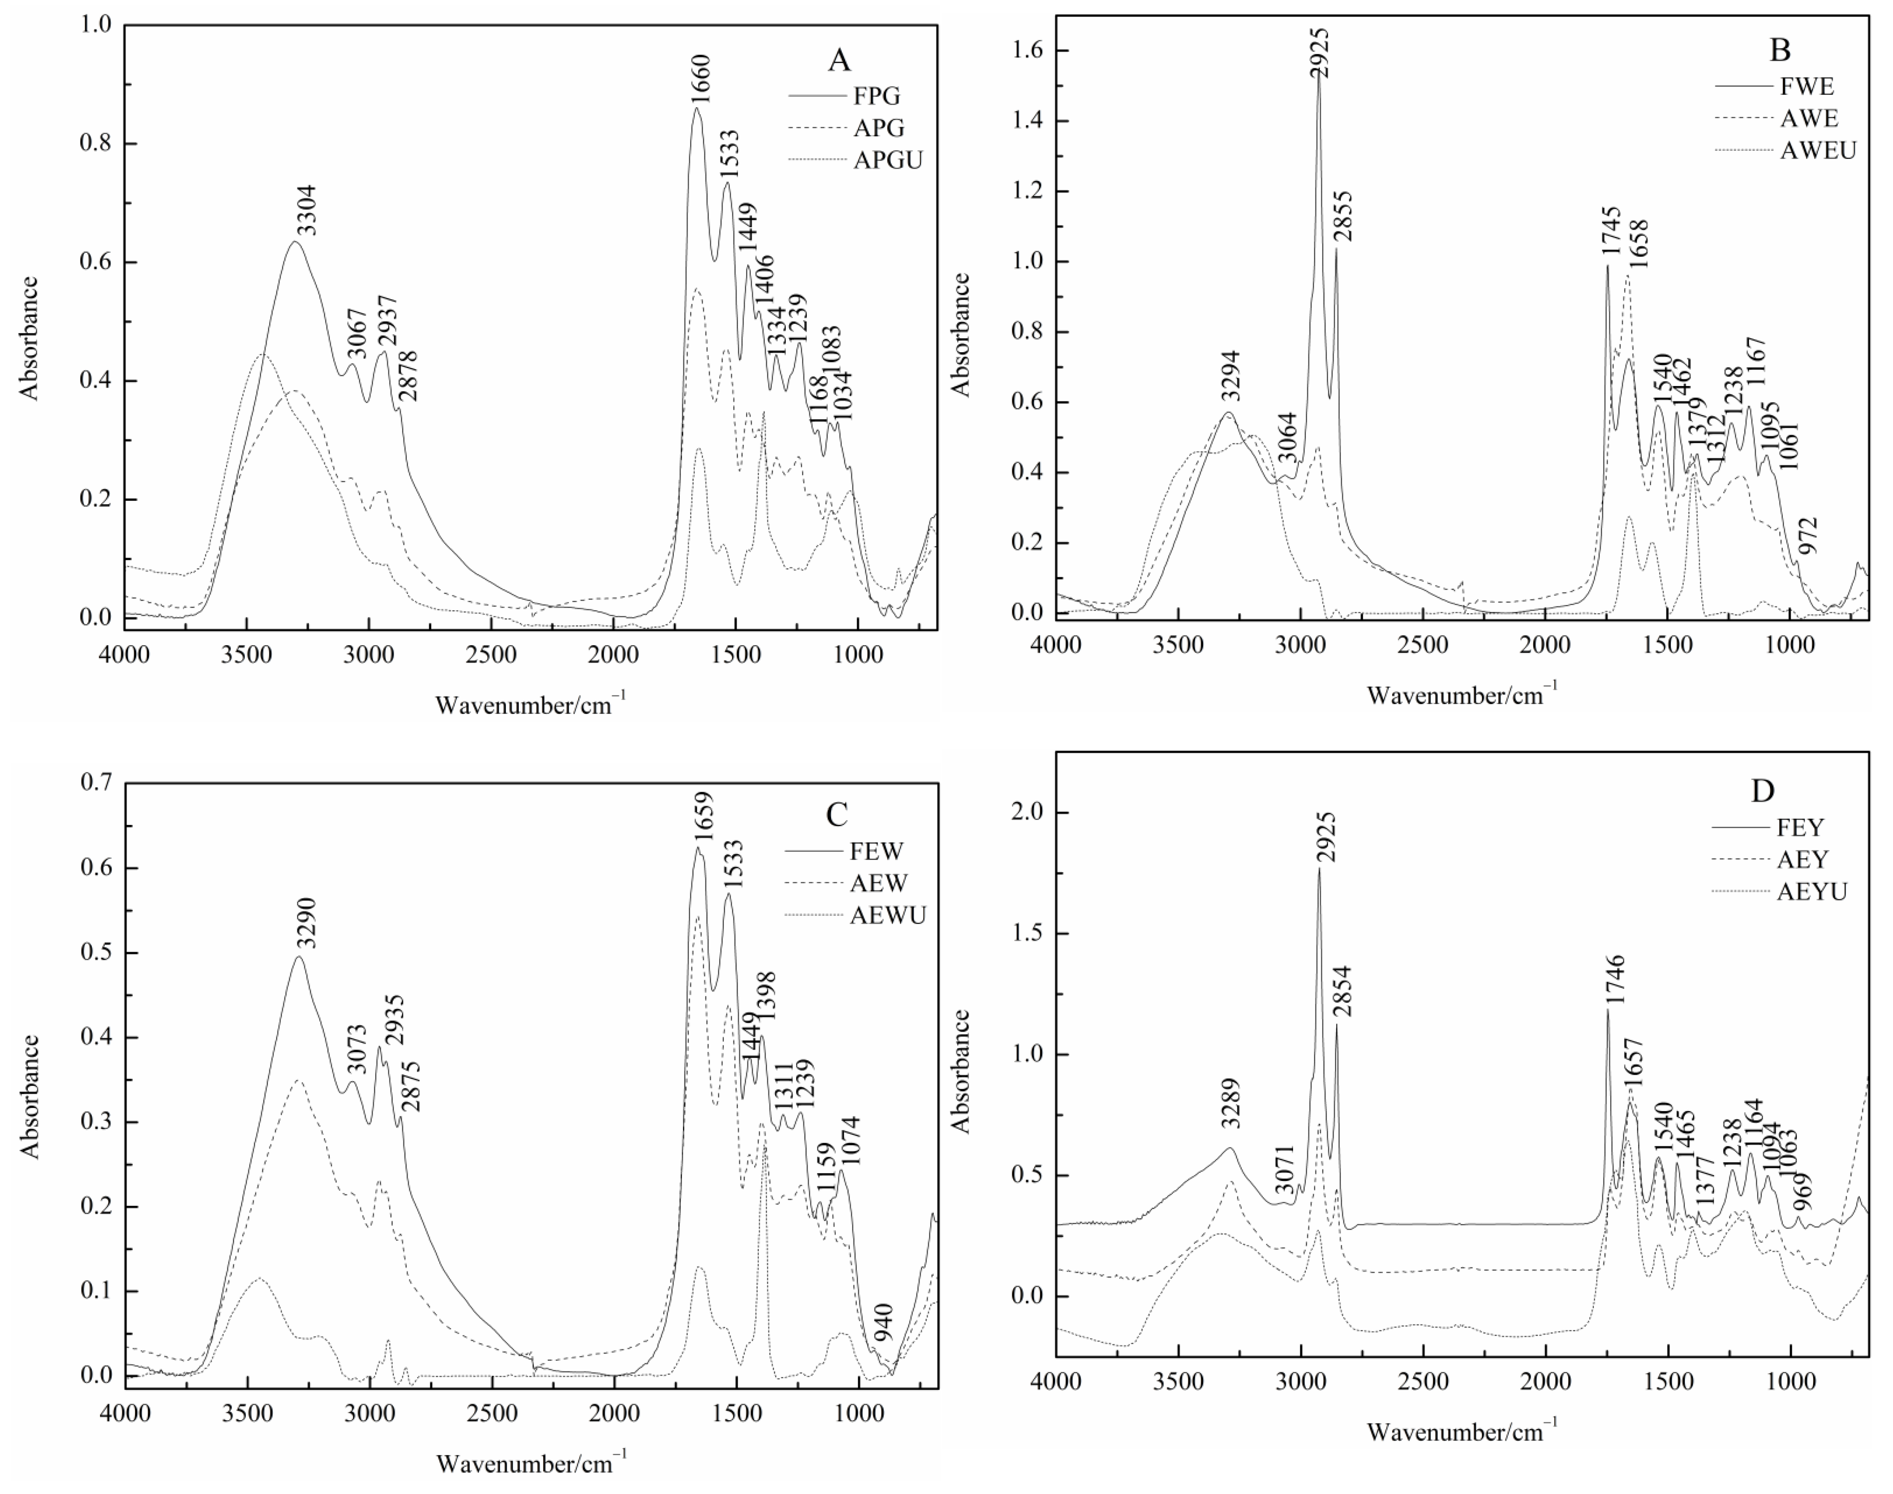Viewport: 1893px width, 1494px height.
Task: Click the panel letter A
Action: [838, 60]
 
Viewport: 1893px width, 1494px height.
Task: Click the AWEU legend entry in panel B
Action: [1818, 150]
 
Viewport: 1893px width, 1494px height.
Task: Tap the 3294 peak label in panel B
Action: [1232, 376]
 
